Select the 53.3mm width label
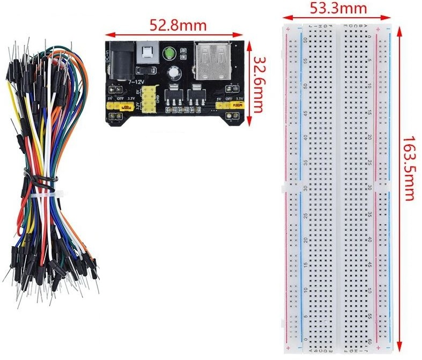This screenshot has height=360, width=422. pos(338,8)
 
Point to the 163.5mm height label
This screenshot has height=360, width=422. pos(409,167)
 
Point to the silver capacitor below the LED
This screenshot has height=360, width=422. pos(175,73)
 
